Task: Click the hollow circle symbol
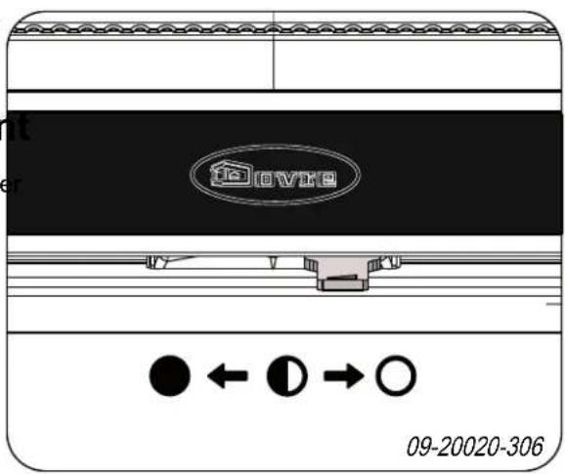[x=398, y=374]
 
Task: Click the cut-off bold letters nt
[x=17, y=127]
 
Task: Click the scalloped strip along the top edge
[x=282, y=30]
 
